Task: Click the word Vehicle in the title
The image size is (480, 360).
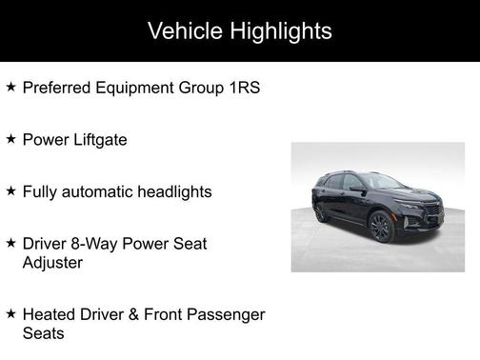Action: (x=188, y=30)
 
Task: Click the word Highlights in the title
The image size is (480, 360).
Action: (x=280, y=30)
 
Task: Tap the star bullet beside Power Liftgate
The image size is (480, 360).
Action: (x=10, y=139)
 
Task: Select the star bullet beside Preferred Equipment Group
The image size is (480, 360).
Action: (x=10, y=88)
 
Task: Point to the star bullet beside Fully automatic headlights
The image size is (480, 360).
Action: (x=10, y=190)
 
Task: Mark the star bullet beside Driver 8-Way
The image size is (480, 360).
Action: (x=10, y=243)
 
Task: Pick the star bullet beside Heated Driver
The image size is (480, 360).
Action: (x=10, y=313)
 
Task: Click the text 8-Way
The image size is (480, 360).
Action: (x=94, y=244)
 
